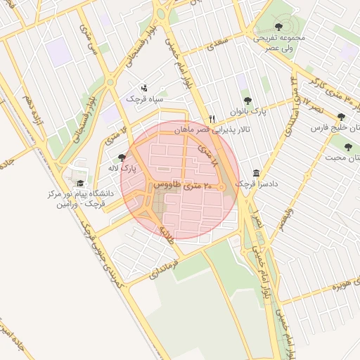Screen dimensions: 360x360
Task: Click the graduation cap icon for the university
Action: pos(79,184)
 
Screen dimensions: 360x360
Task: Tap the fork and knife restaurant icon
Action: pos(212,119)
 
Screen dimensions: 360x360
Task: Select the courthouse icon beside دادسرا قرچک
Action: pos(255,173)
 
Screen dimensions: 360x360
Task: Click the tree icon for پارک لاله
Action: pos(122,158)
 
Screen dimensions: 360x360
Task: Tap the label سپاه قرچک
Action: pos(144,99)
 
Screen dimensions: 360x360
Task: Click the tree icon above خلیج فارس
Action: pos(341,117)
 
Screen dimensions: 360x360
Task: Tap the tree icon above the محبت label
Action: pos(348,147)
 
